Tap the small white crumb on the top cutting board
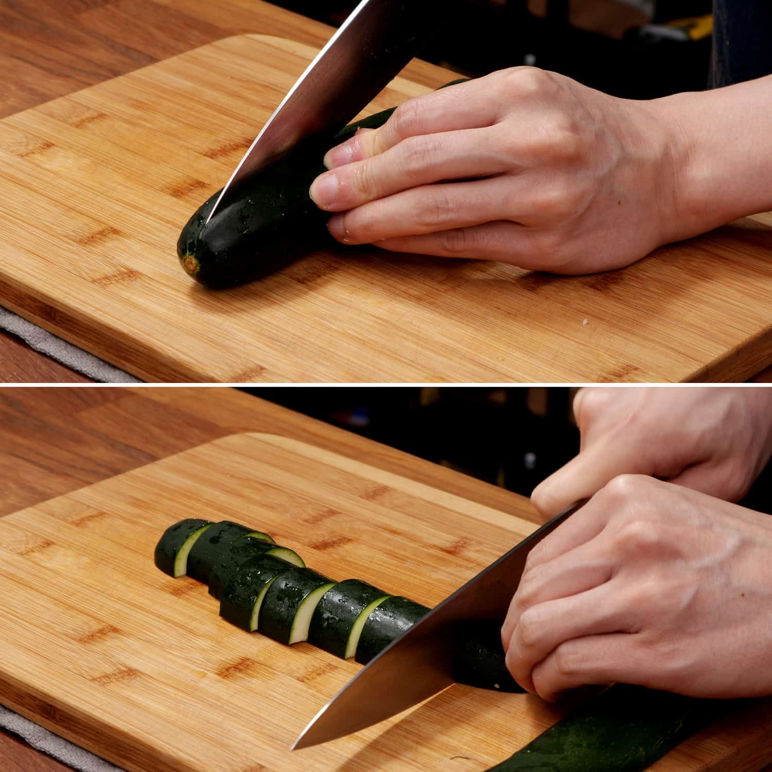[585, 323]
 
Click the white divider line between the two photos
[386, 384]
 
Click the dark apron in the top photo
[741, 41]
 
